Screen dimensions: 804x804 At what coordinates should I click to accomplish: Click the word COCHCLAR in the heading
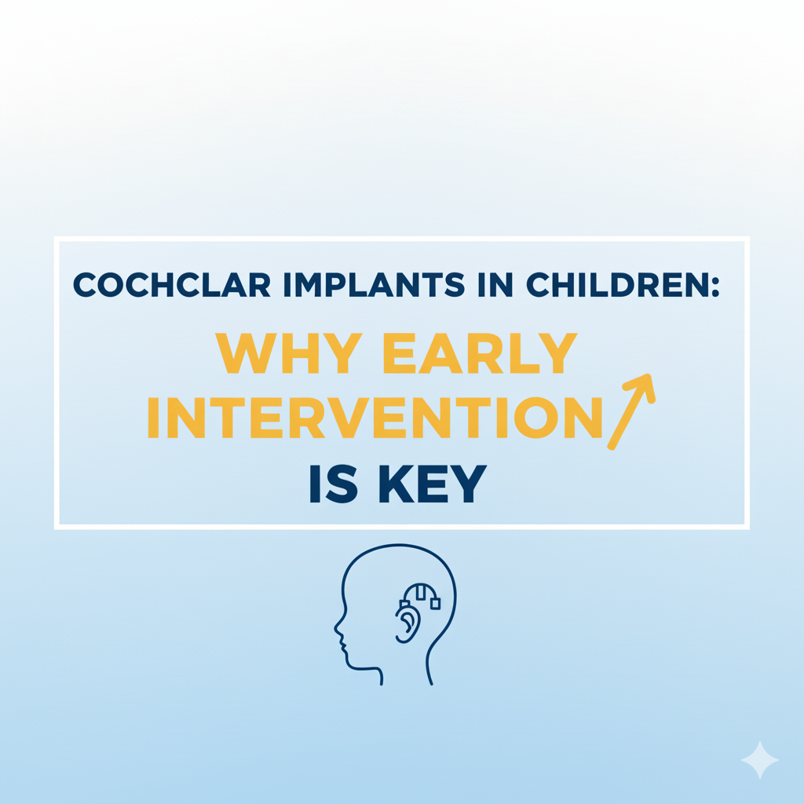point(172,284)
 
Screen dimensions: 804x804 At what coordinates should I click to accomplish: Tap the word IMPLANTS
point(374,284)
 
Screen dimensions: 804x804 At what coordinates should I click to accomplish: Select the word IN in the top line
point(495,284)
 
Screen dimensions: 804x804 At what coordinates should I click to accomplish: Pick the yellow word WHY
point(289,353)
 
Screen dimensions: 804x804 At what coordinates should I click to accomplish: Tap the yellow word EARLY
point(480,353)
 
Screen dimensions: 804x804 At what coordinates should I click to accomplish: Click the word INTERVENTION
point(375,418)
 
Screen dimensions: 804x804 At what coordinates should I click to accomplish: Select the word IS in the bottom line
point(333,484)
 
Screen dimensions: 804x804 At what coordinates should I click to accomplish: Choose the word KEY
point(433,484)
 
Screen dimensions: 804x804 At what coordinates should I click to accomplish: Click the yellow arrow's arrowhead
point(641,386)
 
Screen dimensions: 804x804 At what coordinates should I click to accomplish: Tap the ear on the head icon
point(407,623)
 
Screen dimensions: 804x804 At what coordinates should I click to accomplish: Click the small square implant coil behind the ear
point(435,604)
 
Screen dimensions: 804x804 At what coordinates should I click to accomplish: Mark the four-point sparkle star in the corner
point(760,760)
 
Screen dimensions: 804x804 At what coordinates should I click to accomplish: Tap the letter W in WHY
point(243,353)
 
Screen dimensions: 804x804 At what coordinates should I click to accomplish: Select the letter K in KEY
point(396,484)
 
